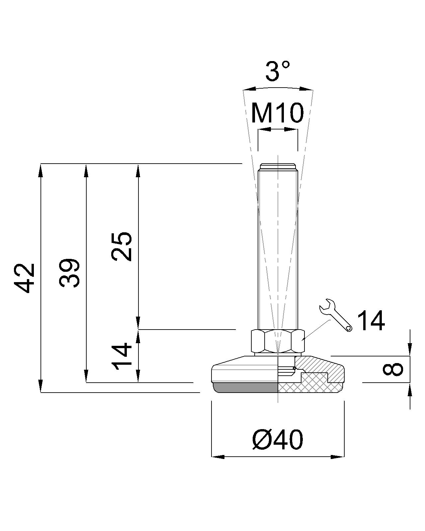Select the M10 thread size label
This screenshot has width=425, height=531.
click(x=278, y=113)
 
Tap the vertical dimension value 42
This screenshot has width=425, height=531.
click(x=25, y=278)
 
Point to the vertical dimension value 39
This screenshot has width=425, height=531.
click(x=70, y=273)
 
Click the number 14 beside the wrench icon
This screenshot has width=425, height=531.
click(x=371, y=321)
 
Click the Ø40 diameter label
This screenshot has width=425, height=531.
click(x=278, y=440)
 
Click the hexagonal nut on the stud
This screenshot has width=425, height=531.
click(x=278, y=341)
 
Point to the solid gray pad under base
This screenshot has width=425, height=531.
click(x=246, y=387)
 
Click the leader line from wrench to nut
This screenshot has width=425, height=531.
click(x=317, y=330)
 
